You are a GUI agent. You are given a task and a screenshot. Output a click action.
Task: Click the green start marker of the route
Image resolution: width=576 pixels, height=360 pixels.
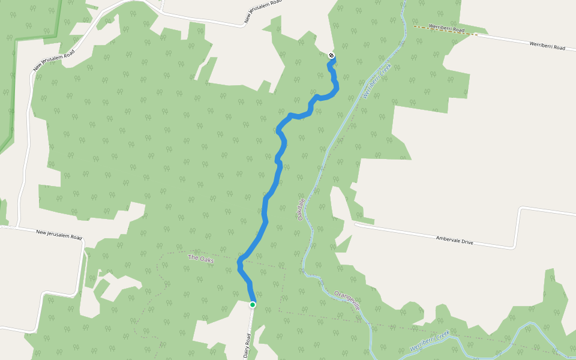click(x=253, y=305)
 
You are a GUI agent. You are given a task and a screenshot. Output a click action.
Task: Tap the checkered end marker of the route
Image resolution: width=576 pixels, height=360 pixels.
click(x=331, y=56)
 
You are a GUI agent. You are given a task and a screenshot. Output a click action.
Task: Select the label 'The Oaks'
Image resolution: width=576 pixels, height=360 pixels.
click(x=201, y=259)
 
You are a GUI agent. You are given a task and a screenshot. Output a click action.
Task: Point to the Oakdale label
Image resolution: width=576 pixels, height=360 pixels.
click(x=301, y=209)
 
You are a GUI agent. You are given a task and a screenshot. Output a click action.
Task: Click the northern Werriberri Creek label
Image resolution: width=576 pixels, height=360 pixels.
click(x=377, y=81)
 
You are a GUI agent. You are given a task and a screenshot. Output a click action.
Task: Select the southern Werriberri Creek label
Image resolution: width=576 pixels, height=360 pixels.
click(x=430, y=340)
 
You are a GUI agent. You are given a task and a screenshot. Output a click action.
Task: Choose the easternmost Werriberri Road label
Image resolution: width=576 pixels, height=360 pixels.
click(x=547, y=46)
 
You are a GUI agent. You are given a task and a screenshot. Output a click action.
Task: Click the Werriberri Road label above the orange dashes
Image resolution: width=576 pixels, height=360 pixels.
click(x=447, y=29)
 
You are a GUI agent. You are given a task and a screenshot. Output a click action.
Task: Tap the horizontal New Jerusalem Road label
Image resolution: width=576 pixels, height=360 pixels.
click(x=59, y=234)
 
